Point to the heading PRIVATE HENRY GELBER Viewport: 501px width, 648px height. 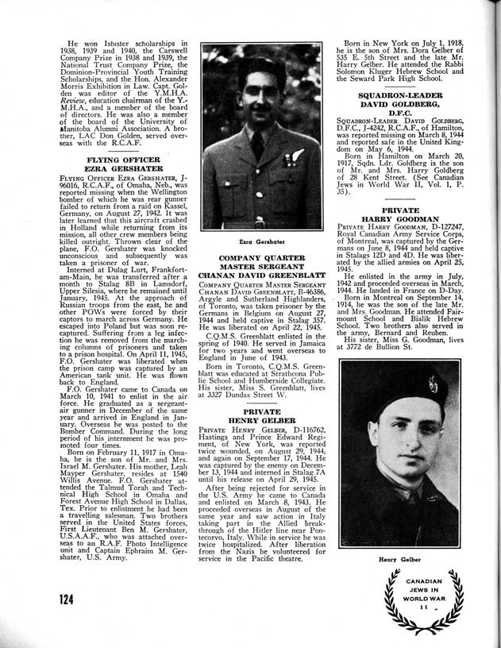[262, 418]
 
